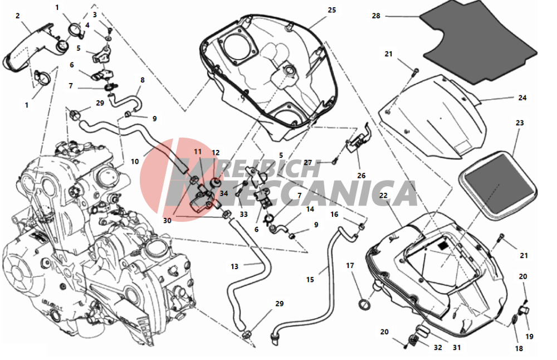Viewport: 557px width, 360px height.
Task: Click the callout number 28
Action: [376, 16]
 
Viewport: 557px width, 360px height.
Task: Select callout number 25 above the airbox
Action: [332, 10]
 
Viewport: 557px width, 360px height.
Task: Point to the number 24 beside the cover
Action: [522, 98]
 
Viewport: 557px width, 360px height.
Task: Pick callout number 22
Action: [383, 196]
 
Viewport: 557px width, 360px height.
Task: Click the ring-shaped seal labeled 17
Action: [365, 304]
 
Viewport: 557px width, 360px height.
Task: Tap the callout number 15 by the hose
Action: [310, 280]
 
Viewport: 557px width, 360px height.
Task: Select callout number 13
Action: [234, 266]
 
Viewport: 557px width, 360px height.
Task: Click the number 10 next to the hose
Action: [135, 162]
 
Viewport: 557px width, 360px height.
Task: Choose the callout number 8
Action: [143, 80]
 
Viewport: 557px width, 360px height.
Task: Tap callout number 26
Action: [361, 176]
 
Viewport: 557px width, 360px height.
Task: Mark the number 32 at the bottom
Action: [438, 348]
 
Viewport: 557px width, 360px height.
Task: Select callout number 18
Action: [519, 349]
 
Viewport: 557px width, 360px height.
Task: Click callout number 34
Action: [224, 194]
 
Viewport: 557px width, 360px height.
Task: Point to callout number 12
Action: [216, 153]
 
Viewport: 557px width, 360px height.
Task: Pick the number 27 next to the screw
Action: [307, 163]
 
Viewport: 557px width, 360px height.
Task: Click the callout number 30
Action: [167, 221]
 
